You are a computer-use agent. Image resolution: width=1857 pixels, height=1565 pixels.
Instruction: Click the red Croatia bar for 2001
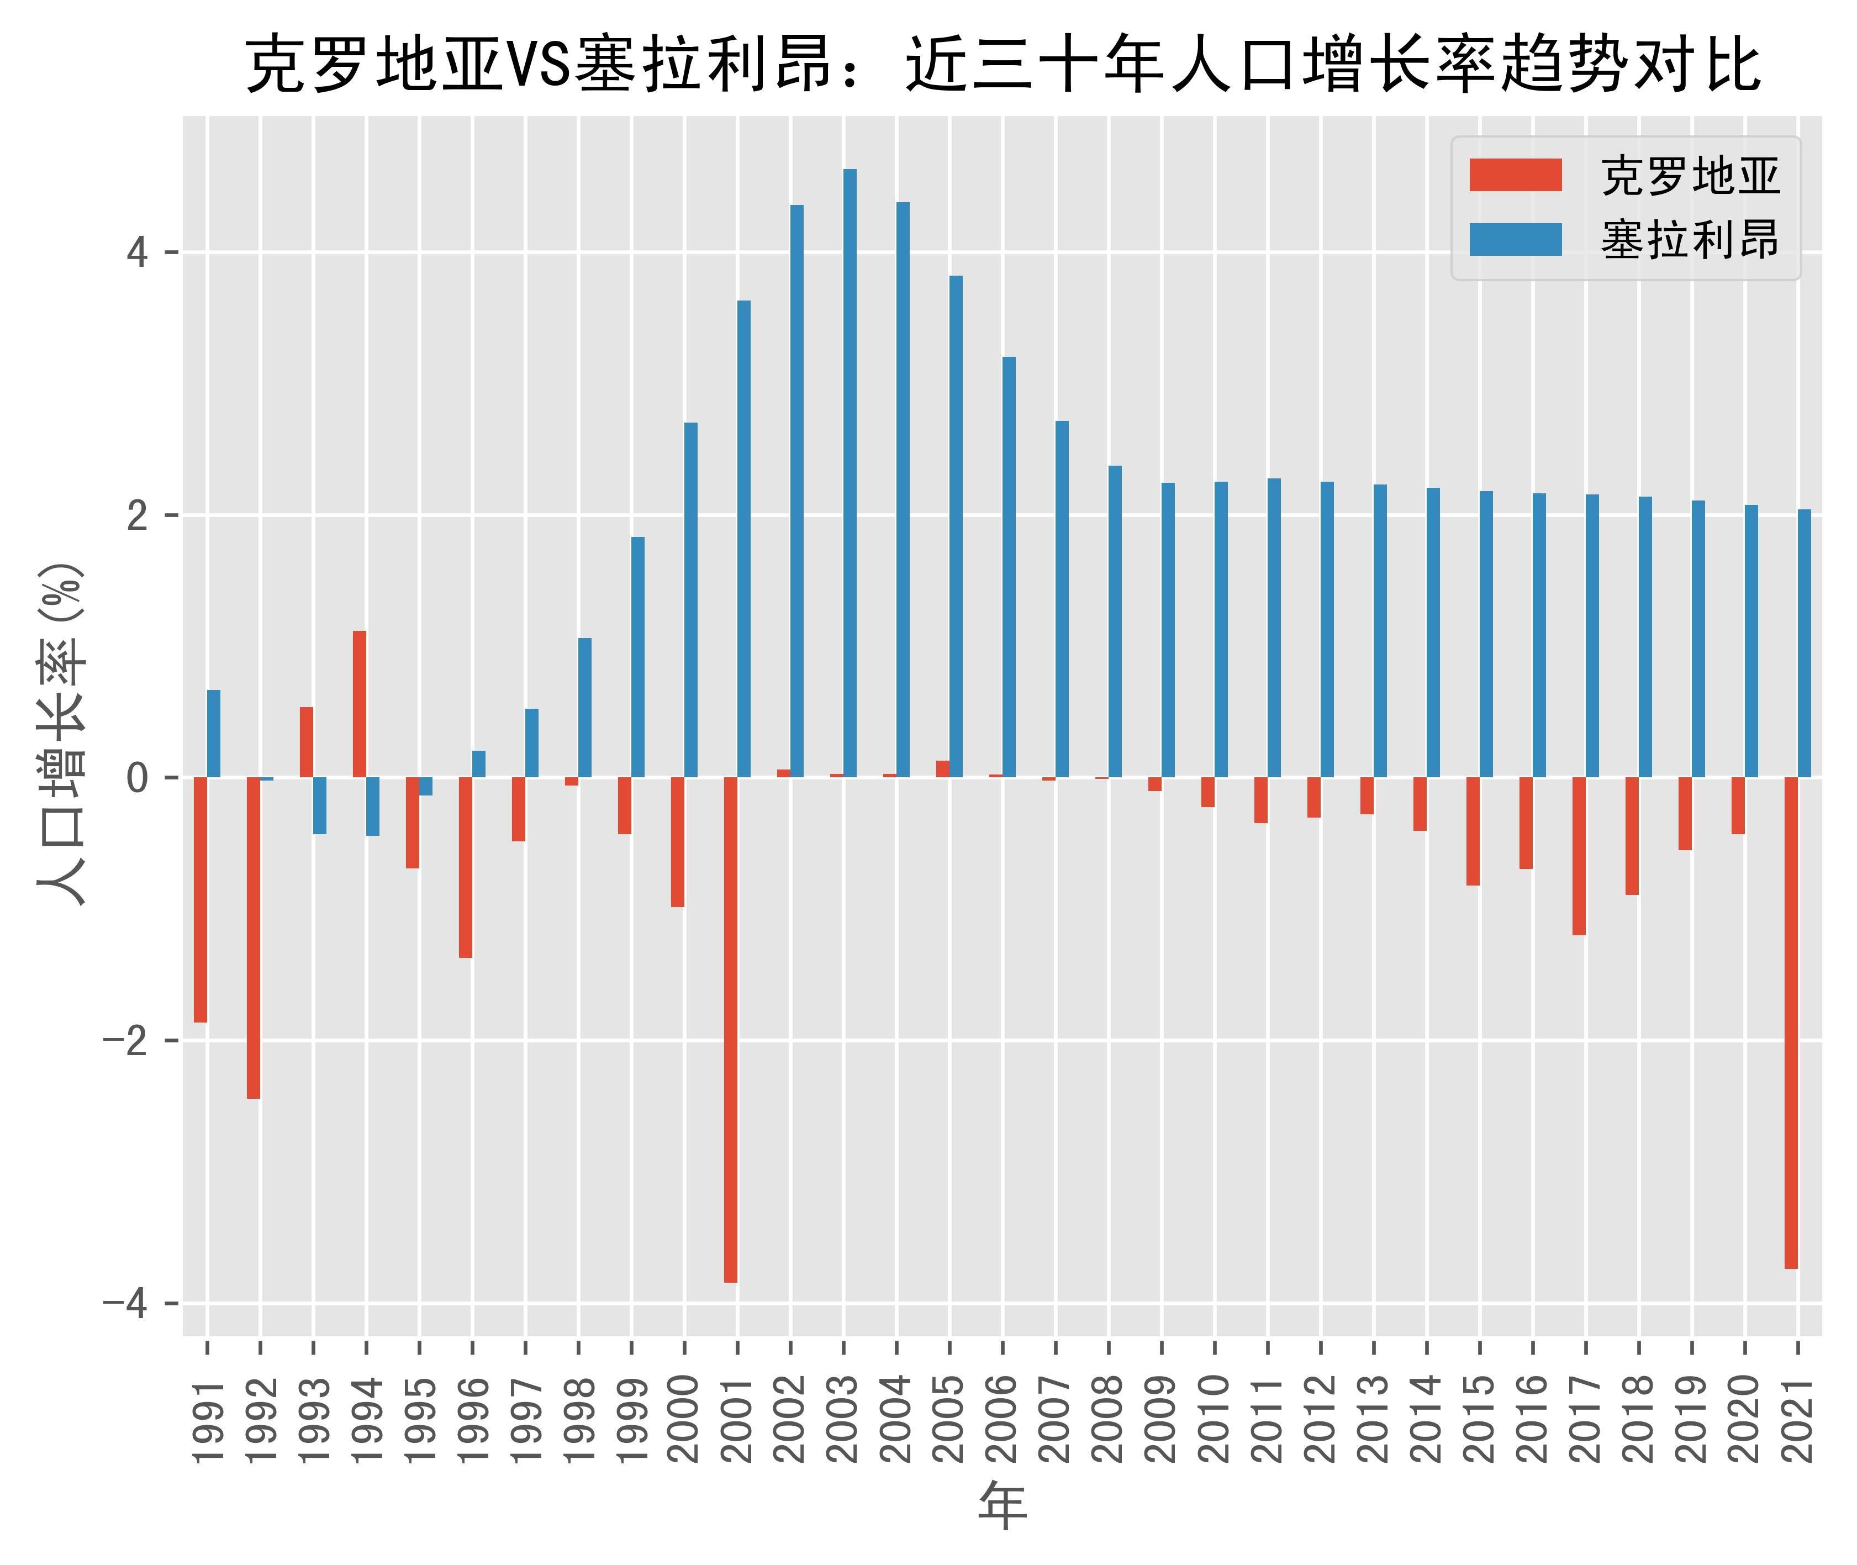point(730,1029)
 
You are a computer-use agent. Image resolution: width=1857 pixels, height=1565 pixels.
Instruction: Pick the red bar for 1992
point(254,938)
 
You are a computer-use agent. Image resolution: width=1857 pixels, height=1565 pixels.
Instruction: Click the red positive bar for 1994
point(360,704)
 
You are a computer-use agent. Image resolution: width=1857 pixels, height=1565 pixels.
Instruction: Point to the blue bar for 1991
point(214,734)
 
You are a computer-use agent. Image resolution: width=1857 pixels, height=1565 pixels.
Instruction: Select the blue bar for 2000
point(691,600)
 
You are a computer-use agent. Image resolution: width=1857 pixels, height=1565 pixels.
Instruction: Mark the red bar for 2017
point(1579,856)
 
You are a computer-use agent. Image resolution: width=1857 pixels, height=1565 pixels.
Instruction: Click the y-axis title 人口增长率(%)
point(62,733)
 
